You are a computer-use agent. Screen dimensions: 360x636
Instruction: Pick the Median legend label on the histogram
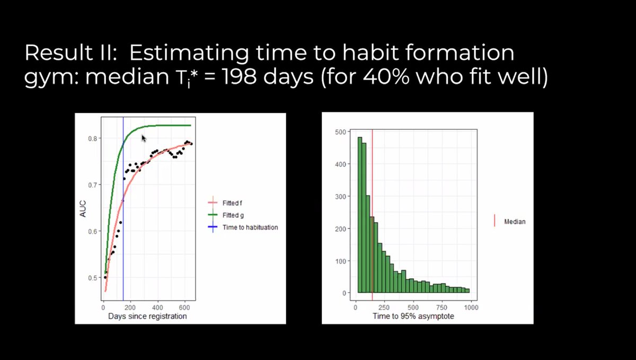(514, 222)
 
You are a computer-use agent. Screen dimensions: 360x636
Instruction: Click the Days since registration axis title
(147, 316)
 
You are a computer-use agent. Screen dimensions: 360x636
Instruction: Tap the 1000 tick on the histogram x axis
(471, 306)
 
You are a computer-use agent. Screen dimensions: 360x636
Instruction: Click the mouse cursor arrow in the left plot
(144, 138)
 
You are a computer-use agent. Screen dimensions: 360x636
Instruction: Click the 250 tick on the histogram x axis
(384, 306)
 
